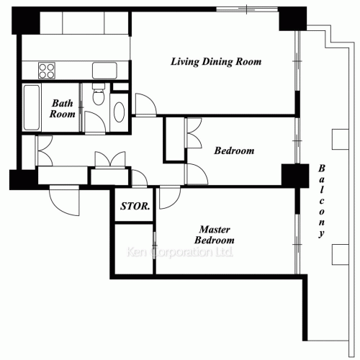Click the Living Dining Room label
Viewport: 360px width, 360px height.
coord(216,62)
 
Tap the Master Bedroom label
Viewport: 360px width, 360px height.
coord(215,235)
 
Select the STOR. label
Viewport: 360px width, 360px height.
coord(135,206)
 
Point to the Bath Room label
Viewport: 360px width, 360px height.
coord(63,109)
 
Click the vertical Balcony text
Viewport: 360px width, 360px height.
coord(321,201)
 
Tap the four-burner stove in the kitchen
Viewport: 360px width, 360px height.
coord(47,71)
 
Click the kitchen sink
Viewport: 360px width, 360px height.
coord(104,71)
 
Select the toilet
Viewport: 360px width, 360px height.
coord(99,94)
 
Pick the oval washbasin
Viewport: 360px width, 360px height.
coord(119,112)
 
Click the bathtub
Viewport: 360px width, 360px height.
coord(32,107)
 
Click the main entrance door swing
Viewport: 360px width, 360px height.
coord(64,201)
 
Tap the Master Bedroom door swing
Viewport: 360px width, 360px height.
coord(170,197)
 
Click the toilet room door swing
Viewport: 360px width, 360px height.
coord(95,122)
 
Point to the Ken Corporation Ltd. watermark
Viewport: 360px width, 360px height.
coord(179,252)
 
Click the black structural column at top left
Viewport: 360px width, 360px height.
coord(26,21)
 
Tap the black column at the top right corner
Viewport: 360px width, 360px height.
coord(292,19)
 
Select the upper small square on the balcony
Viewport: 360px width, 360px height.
coord(341,140)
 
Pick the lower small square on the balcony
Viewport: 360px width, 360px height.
coord(341,255)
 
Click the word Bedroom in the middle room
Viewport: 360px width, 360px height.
coord(234,150)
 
